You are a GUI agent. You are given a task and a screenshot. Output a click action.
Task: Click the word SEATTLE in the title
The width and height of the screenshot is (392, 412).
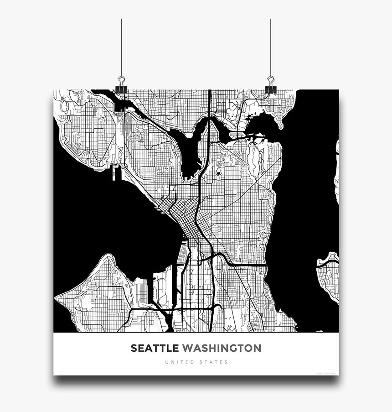pos(155,348)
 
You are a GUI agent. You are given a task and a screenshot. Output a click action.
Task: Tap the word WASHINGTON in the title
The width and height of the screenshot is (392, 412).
pos(222,348)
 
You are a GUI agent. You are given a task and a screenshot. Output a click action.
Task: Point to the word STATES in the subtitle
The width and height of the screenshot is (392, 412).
pos(214,362)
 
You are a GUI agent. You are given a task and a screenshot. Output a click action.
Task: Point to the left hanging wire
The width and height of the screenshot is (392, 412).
pos(121,46)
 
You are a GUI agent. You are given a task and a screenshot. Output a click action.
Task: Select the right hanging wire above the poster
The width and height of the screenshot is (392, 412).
pos(271,46)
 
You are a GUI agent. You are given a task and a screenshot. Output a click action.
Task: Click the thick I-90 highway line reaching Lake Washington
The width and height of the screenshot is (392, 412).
pos(248,264)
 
